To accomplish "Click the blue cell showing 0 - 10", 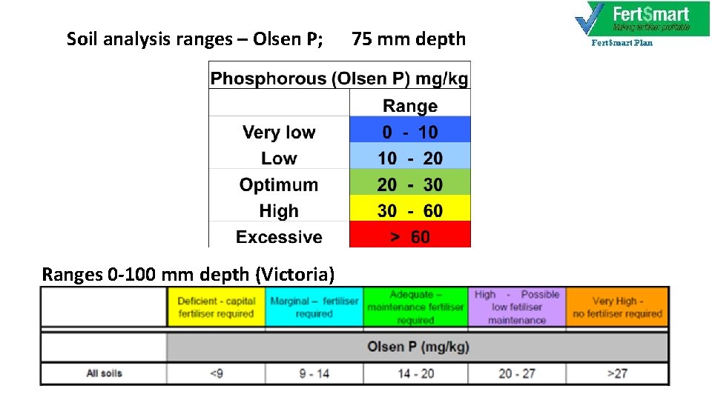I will pos(409,133).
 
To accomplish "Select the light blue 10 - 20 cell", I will pos(409,159).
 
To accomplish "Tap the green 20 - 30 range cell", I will pos(409,185).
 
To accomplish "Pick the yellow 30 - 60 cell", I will pos(409,211).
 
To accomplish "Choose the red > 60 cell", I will pos(409,237).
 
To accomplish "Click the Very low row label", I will pos(279,133).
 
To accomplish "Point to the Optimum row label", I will pos(279,185).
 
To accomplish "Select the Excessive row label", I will pos(279,237).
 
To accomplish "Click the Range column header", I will pos(409,106).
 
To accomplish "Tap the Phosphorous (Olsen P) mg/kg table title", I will pos(340,78).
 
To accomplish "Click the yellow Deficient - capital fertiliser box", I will pos(216,307).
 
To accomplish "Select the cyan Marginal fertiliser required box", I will pos(314,307).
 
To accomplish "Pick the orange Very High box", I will pos(617,307).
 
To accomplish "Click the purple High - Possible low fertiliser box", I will pos(517,307).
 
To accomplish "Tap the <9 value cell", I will pos(216,373).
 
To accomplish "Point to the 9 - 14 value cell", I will pos(314,373).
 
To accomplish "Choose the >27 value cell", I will pos(617,373).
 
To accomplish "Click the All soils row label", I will pos(104,373).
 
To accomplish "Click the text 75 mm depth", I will pos(409,39).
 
